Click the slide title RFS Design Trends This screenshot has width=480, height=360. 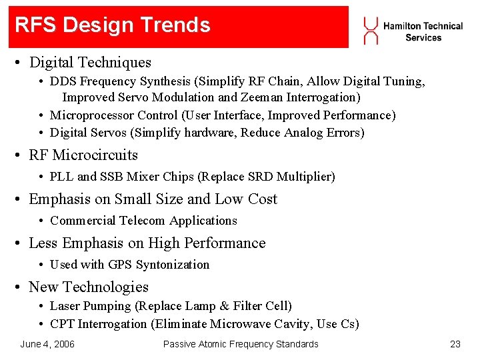click(x=112, y=25)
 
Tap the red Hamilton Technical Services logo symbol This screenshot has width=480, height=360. click(x=371, y=31)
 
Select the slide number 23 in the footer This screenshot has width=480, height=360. click(x=455, y=344)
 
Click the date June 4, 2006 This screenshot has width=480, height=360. click(x=47, y=344)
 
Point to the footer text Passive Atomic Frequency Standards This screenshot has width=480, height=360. click(x=241, y=344)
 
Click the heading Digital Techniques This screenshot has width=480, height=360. click(x=90, y=63)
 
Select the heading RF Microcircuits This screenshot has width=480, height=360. click(x=83, y=155)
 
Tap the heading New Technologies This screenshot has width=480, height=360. click(x=89, y=287)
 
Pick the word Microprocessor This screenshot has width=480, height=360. click(x=93, y=115)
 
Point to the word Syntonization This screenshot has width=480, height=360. click(x=172, y=265)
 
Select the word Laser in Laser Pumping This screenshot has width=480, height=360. click(x=65, y=306)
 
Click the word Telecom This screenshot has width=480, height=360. click(x=143, y=221)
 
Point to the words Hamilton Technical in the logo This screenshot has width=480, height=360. click(x=423, y=26)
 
